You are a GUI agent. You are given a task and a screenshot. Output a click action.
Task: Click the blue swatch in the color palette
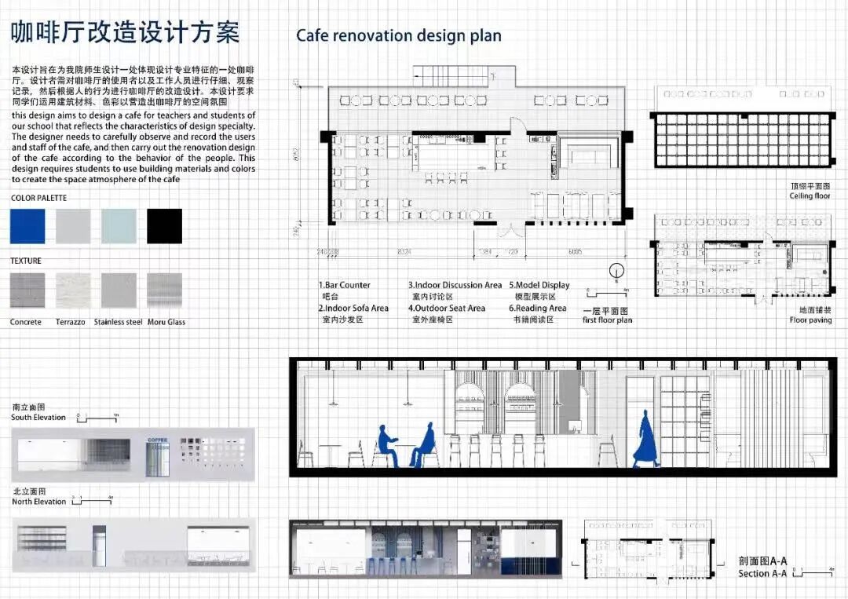pos(27,226)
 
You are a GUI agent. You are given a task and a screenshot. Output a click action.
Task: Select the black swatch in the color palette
pos(164,226)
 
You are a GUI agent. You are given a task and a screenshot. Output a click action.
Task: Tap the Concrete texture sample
pos(27,290)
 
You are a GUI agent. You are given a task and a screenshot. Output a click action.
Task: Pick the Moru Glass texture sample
pos(164,290)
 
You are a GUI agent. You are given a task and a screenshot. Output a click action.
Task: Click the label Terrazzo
pos(71,322)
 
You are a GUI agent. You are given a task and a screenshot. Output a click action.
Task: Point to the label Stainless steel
pos(118,322)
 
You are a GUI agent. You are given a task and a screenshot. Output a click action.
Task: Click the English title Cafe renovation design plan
pos(398,36)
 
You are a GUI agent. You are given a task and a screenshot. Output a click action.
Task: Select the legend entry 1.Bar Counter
pos(345,285)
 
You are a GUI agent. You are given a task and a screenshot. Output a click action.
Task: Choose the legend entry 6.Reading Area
pos(538,309)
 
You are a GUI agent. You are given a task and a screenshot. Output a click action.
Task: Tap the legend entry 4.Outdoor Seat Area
pos(446,309)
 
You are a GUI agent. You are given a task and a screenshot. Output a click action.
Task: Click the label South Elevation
pos(38,418)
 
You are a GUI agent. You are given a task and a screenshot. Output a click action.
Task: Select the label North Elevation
pos(38,502)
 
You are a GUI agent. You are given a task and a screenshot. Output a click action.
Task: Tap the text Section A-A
pos(762,574)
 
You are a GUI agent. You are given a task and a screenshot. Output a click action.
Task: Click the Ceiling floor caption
pos(810,195)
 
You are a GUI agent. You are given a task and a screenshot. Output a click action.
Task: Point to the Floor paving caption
pos(810,320)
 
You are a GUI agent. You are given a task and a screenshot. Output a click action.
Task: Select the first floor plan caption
pos(607,320)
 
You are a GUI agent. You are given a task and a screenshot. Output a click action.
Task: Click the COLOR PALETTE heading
pos(38,199)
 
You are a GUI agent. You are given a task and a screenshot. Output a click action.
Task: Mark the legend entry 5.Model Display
pos(539,285)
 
